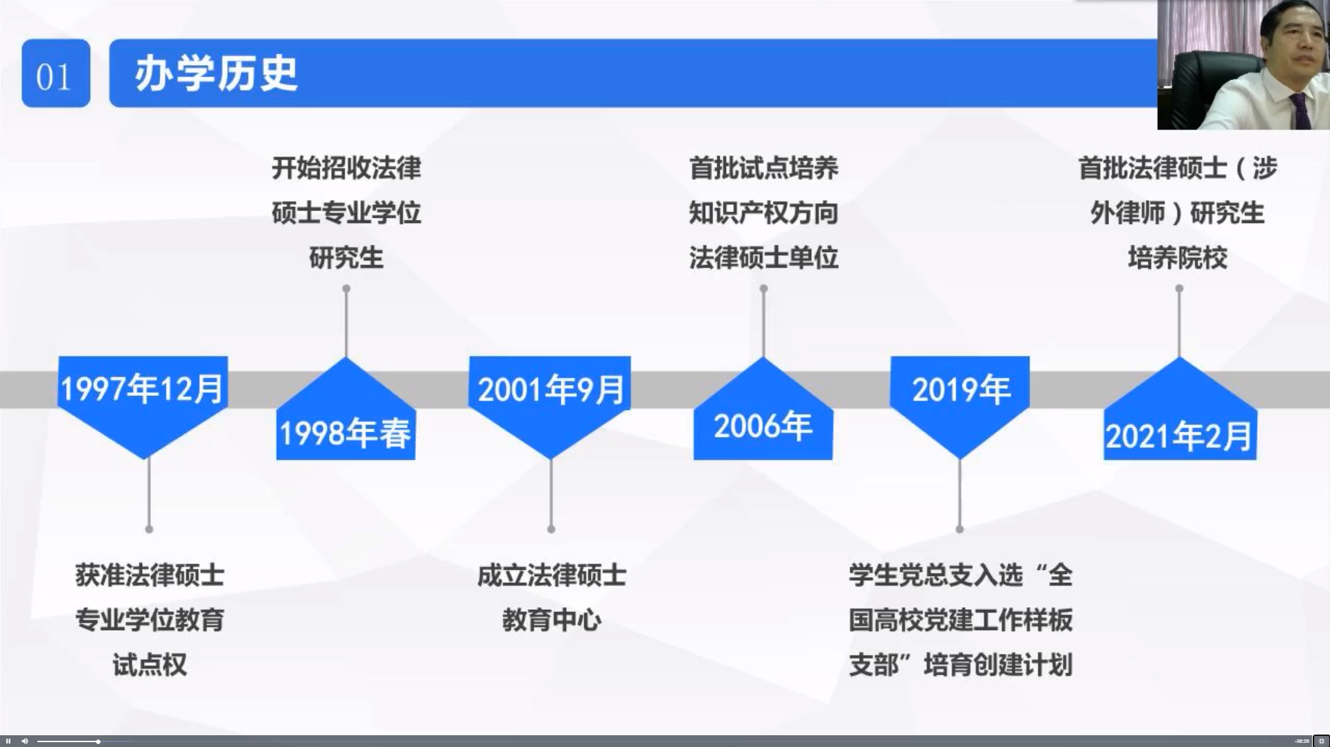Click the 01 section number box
(55, 73)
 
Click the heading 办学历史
(216, 73)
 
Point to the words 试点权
(150, 665)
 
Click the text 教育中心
(551, 620)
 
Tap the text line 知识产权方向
(763, 213)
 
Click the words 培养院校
(1178, 258)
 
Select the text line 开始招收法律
(346, 168)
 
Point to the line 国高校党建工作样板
(961, 620)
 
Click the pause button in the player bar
(8, 741)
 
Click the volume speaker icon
(25, 741)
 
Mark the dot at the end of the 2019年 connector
(959, 529)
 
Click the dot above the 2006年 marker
(763, 289)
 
